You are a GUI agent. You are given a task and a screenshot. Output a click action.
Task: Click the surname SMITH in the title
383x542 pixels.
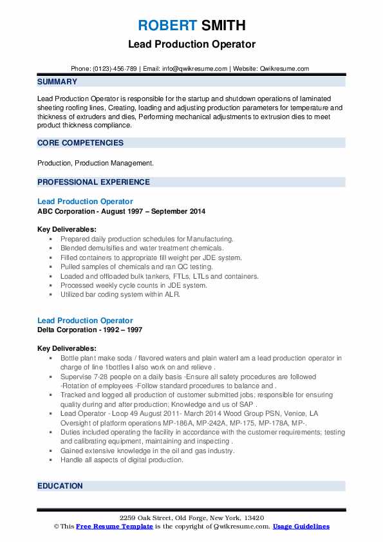pos(222,26)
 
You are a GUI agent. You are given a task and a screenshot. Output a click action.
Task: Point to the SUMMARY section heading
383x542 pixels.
pos(57,82)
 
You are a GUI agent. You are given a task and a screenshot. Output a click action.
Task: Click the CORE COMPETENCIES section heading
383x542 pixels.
pos(80,143)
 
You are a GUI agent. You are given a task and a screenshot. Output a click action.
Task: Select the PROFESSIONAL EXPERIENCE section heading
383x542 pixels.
pos(93,182)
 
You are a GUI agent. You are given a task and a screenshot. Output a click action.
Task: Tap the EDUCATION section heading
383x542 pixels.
pos(60,486)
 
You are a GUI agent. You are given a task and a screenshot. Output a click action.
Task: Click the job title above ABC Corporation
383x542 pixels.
pos(85,201)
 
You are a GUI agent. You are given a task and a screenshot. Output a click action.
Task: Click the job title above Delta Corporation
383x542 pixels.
pos(85,321)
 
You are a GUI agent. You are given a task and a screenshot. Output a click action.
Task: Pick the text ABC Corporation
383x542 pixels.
pos(68,211)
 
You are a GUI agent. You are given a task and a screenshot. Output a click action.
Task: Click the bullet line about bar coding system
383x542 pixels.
pos(120,295)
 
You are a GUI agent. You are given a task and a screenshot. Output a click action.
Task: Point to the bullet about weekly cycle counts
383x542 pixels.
pos(133,285)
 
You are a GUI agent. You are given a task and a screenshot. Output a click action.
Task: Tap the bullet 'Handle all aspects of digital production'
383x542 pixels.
pos(122,460)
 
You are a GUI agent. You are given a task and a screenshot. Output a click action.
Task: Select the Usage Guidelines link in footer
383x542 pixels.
pos(301,527)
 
